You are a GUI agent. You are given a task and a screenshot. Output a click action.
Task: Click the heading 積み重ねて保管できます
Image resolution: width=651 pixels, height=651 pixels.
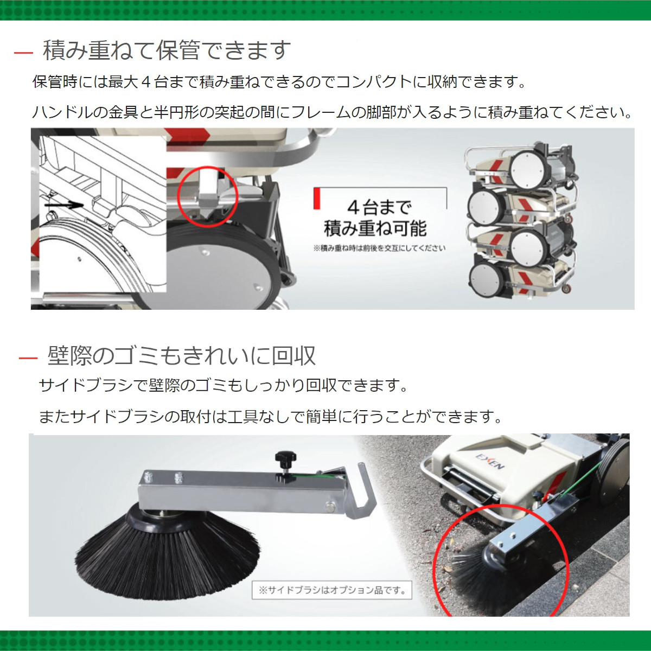(x=167, y=50)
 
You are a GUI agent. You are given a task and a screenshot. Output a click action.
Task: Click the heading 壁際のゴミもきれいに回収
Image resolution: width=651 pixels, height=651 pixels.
(x=181, y=356)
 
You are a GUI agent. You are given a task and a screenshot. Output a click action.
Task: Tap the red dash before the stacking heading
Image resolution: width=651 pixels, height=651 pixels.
(x=23, y=53)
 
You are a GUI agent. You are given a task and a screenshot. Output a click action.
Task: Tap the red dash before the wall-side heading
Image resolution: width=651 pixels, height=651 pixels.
(x=28, y=358)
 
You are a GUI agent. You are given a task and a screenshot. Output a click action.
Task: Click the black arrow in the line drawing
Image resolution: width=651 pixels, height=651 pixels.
(x=63, y=206)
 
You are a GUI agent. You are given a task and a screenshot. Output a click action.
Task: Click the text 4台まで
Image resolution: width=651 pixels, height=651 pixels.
(x=379, y=207)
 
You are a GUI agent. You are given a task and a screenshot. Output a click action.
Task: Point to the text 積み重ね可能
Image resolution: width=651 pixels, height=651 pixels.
(x=375, y=228)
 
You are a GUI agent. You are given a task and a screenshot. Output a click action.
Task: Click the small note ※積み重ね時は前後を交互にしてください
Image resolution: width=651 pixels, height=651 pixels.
(x=379, y=248)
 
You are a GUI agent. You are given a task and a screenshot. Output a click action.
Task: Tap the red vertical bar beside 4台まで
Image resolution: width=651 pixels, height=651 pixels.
(x=317, y=199)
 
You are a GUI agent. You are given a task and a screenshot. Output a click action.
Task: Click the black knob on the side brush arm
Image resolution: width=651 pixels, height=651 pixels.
(x=283, y=460)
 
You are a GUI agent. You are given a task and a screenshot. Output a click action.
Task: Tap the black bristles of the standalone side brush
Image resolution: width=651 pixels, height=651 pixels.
(x=165, y=553)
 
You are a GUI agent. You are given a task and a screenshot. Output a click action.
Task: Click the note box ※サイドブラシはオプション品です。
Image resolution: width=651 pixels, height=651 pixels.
(x=332, y=590)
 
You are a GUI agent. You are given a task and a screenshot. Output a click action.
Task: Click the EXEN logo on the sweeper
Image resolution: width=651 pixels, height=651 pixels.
(x=490, y=461)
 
